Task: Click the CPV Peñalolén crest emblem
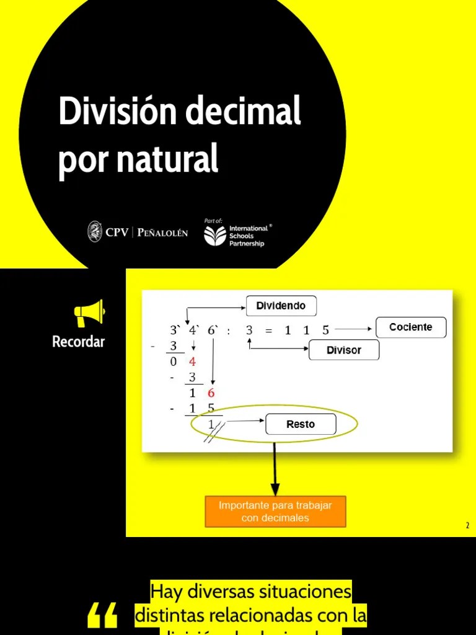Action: tap(95, 232)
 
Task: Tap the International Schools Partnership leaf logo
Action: tap(215, 236)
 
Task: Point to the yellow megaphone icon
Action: tap(89, 313)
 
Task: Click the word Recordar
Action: tap(79, 342)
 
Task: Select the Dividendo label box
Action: tap(281, 306)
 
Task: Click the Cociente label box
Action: tap(410, 327)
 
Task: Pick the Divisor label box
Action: tap(343, 350)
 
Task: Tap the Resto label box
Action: tap(301, 424)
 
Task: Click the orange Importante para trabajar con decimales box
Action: tap(275, 512)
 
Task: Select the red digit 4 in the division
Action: tap(193, 362)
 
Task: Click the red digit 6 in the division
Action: tap(211, 393)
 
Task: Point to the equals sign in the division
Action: tap(268, 331)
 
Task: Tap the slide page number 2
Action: tap(468, 526)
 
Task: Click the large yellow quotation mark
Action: tap(102, 616)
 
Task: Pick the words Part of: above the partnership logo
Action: tap(213, 220)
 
